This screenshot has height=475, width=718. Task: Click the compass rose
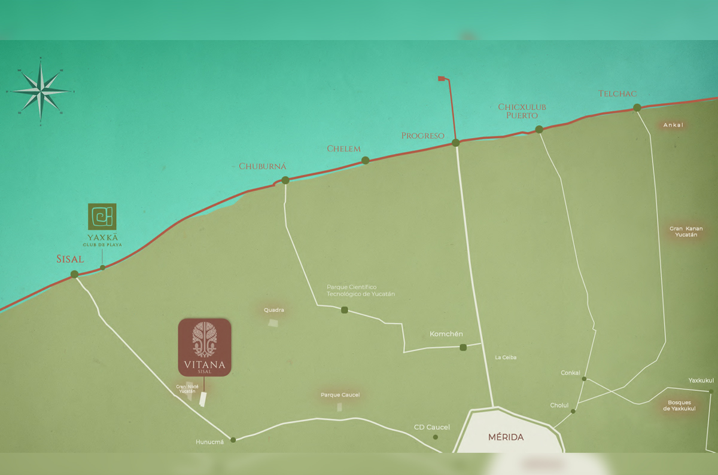[41, 91]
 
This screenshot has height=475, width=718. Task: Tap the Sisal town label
[70, 259]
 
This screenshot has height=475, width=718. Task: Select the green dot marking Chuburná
[285, 180]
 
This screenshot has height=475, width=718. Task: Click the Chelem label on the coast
[343, 148]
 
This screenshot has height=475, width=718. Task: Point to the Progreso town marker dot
[456, 143]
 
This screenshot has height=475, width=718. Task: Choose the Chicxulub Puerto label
[522, 111]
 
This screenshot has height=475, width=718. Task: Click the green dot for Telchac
[637, 108]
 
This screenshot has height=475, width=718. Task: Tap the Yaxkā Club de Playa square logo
[102, 217]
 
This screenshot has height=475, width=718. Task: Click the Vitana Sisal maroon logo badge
[205, 347]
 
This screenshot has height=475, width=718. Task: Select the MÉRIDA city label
[506, 437]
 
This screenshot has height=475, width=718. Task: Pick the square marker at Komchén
[463, 347]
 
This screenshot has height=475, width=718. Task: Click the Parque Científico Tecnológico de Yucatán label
[360, 290]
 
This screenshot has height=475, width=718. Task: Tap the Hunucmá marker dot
[233, 440]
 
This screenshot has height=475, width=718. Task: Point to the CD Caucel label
[432, 427]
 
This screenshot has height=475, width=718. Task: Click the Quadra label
[274, 310]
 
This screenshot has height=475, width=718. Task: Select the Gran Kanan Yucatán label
[686, 232]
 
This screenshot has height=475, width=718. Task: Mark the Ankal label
[673, 125]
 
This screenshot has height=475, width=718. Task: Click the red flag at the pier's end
[442, 78]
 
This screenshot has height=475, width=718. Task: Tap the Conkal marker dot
[584, 378]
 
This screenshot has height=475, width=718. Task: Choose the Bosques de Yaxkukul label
[679, 405]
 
